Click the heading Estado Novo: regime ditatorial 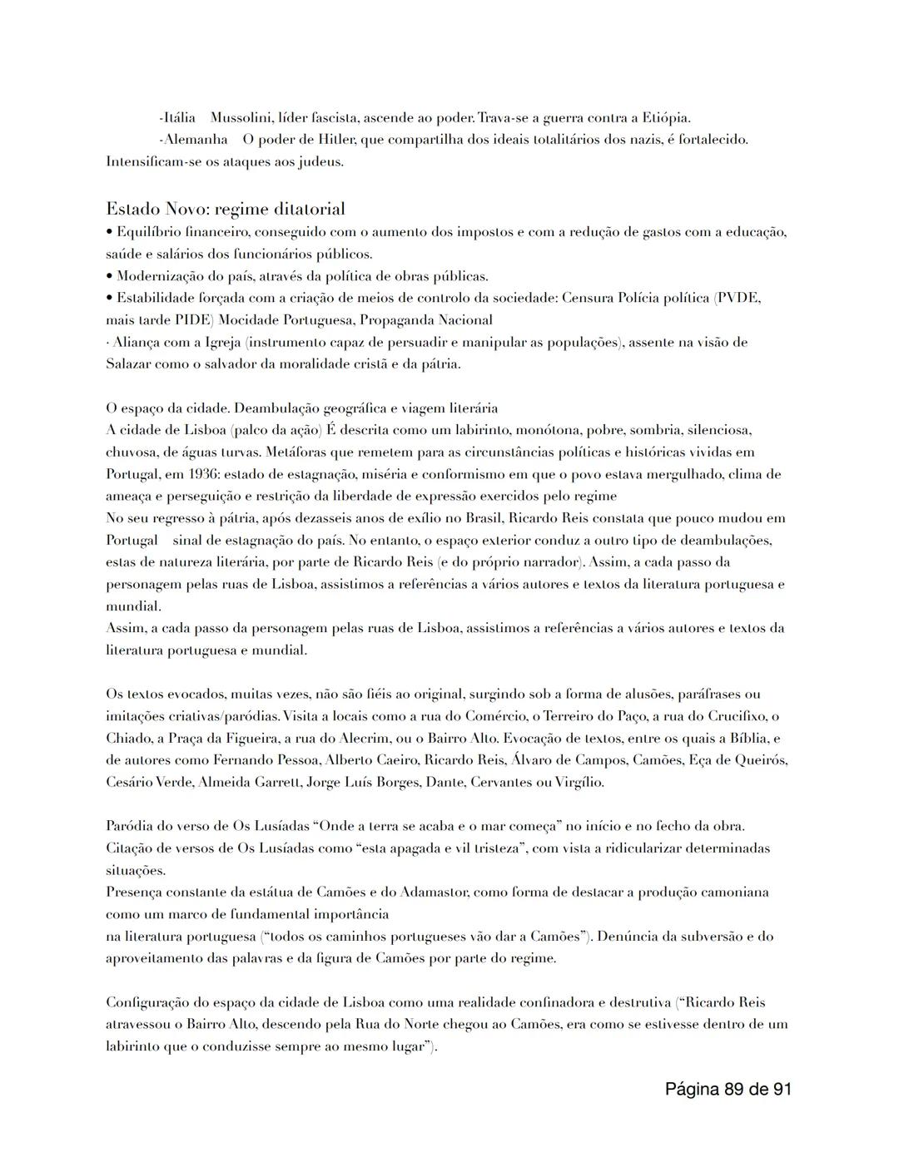[x=225, y=208]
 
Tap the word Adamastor [x=434, y=893]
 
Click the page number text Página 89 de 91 [x=728, y=1089]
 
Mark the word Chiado [x=127, y=739]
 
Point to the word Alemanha [x=194, y=140]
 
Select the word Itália [x=177, y=118]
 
